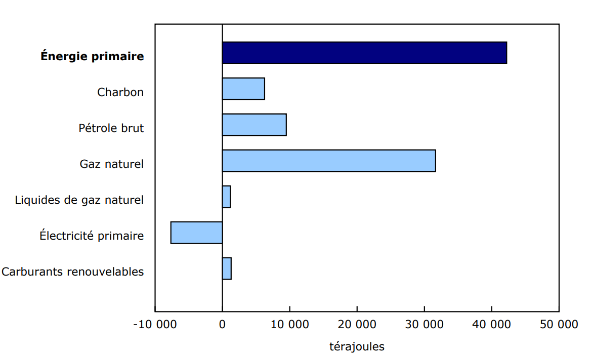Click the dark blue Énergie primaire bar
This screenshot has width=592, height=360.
[364, 53]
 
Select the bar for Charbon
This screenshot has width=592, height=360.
[243, 89]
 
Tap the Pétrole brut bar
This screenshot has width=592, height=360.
[254, 125]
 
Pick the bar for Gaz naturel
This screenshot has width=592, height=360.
[329, 161]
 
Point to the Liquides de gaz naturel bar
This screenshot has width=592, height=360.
[226, 197]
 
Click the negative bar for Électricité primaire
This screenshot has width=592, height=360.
[197, 233]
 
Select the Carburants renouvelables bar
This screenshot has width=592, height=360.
[227, 268]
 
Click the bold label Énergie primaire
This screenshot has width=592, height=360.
[92, 57]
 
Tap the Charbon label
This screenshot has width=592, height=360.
[120, 93]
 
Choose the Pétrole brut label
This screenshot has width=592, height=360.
[111, 128]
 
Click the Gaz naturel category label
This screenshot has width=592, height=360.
[111, 164]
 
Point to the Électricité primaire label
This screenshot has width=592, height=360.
[92, 236]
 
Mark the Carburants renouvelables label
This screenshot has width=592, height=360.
[72, 272]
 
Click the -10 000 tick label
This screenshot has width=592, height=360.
[155, 325]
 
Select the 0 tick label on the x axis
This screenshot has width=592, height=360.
[222, 325]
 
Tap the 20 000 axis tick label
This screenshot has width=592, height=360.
[357, 325]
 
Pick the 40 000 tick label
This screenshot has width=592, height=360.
[491, 325]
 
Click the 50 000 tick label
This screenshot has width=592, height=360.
[559, 325]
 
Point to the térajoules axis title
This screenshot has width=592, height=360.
[357, 347]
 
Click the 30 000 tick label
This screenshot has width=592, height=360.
[424, 325]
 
